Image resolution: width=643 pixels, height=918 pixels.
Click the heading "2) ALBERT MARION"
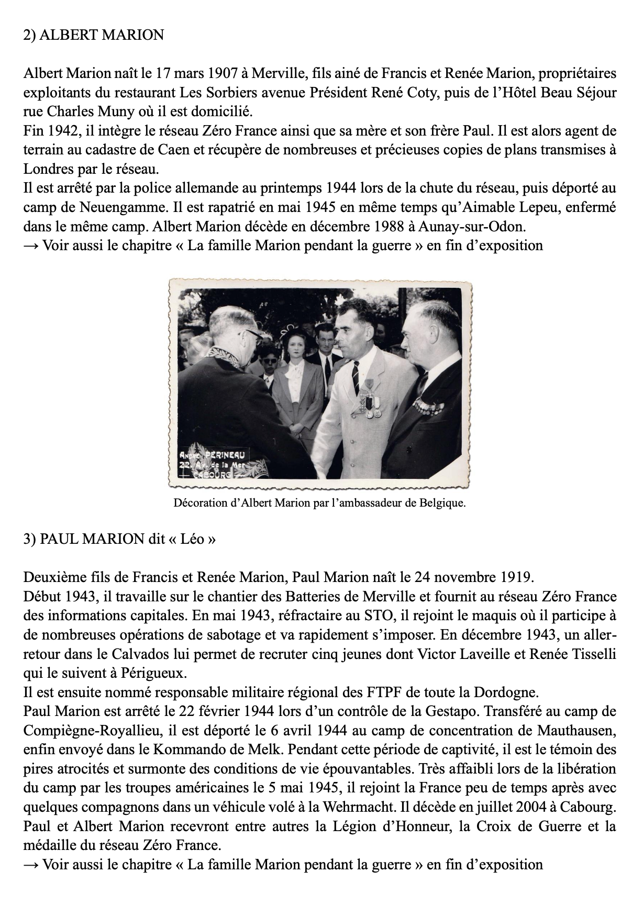[94, 35]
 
